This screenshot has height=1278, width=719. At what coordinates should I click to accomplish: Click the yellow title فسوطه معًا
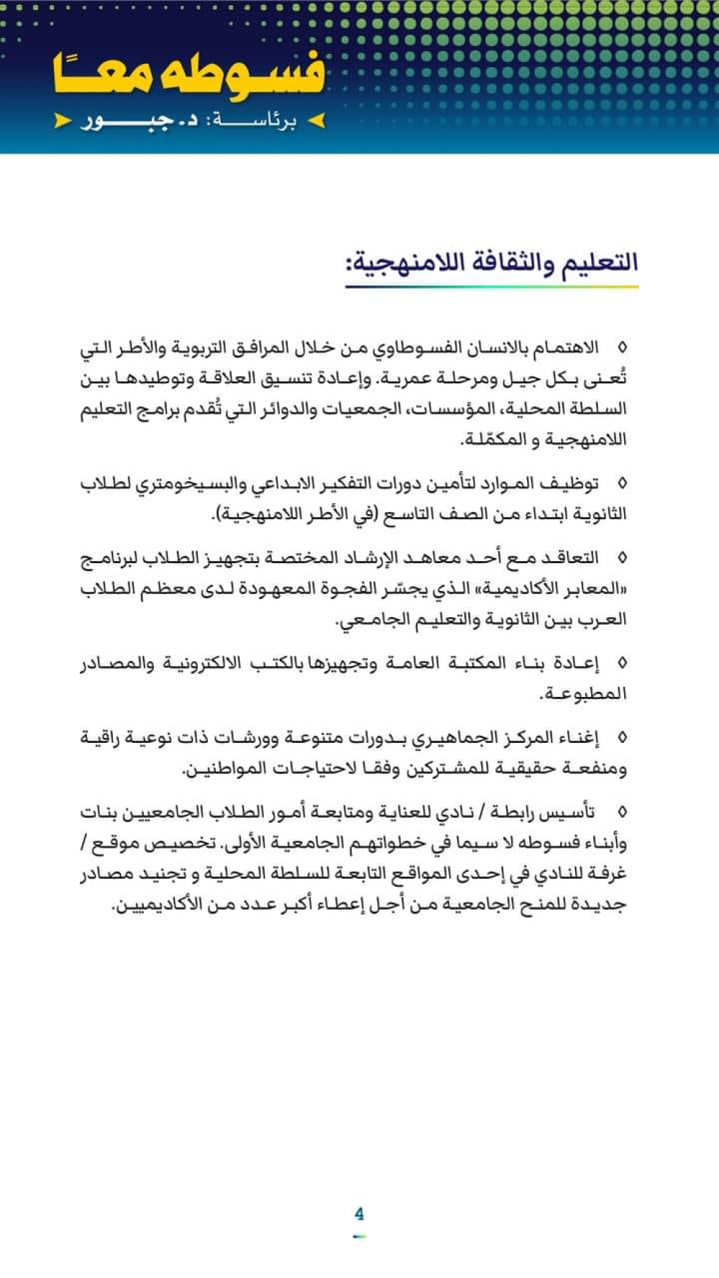[188, 75]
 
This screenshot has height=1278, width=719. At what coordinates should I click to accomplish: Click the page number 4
[359, 1214]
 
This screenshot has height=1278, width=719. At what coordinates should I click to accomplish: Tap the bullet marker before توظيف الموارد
[622, 483]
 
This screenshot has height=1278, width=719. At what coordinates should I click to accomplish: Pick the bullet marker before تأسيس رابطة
[622, 813]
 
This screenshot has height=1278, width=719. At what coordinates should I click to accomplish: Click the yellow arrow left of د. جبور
[63, 121]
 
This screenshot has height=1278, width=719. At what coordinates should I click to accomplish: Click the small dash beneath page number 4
[359, 1236]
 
